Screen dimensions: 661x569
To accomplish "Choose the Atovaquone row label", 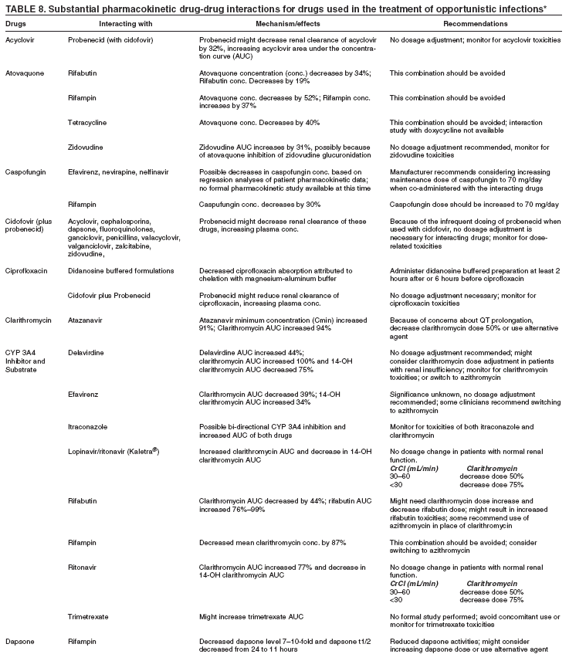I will pyautogui.click(x=24, y=73).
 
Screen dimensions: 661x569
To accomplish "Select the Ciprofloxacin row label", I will pyautogui.click(x=26, y=270).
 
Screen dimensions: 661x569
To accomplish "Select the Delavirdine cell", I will pyautogui.click(x=86, y=352).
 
